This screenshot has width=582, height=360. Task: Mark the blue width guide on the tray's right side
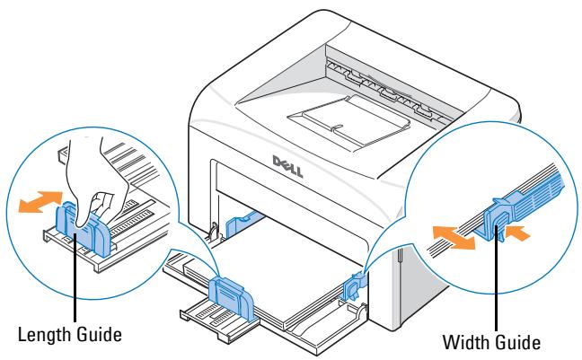(352, 285)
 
